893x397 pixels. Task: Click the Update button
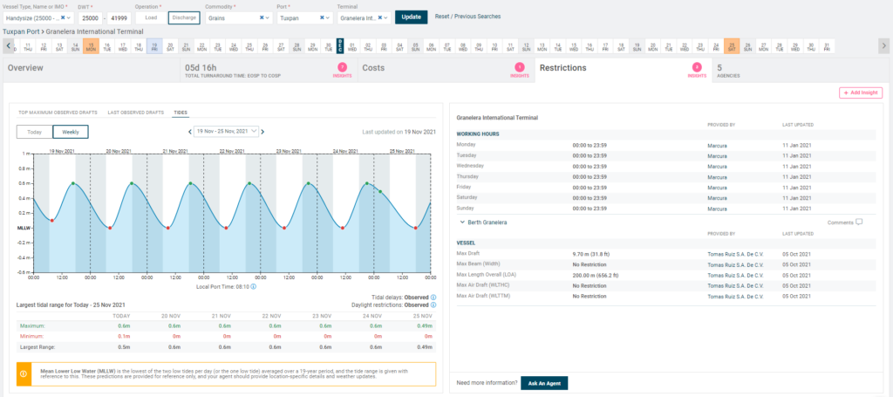pos(411,17)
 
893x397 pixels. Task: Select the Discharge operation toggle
pos(184,17)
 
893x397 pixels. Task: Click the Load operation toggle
pos(151,17)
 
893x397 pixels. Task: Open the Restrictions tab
pos(562,67)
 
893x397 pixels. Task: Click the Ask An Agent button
pos(544,383)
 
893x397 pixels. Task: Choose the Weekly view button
pos(71,132)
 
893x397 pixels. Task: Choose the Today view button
pos(34,132)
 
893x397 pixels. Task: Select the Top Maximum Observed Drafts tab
pos(58,113)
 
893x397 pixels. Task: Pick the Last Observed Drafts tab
pos(135,113)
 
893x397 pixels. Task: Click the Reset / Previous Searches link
pos(467,17)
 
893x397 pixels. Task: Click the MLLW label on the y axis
pos(24,228)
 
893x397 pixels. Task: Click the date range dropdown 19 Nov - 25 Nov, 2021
pos(226,132)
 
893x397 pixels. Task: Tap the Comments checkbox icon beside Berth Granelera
pos(859,222)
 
